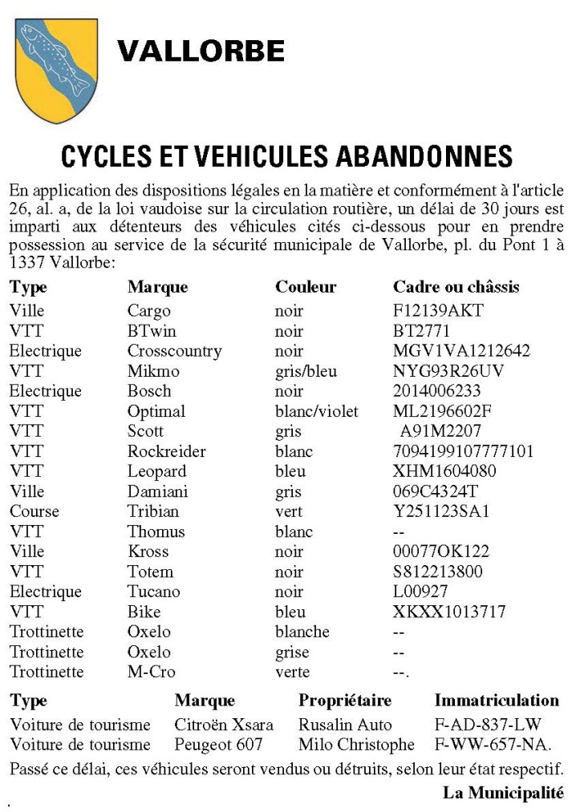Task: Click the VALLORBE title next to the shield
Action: [x=201, y=52]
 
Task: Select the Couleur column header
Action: [x=306, y=287]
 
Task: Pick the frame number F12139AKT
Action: [x=438, y=311]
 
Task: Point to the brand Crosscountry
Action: [x=174, y=351]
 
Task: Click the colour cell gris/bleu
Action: [x=306, y=371]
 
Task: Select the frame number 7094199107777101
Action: [x=463, y=451]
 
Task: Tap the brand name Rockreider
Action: [x=166, y=451]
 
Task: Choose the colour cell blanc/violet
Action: [x=316, y=411]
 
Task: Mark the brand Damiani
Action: [x=160, y=491]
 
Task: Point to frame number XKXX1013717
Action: [x=449, y=612]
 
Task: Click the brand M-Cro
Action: [x=151, y=672]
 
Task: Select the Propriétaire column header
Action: [x=345, y=701]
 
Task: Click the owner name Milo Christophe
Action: [x=356, y=745]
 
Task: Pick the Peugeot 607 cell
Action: [x=218, y=745]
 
